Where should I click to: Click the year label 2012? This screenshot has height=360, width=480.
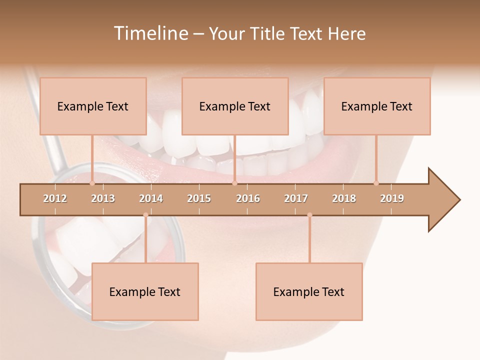(x=55, y=198)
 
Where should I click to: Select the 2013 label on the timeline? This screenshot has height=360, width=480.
(x=103, y=198)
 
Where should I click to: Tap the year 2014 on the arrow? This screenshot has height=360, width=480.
(x=151, y=198)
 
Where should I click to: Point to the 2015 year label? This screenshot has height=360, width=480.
(x=199, y=198)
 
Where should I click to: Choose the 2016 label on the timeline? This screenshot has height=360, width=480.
(x=248, y=198)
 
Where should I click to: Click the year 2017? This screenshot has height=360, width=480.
(x=296, y=198)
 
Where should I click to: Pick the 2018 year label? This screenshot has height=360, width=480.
(x=344, y=198)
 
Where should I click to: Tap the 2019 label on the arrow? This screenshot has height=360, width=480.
(x=392, y=198)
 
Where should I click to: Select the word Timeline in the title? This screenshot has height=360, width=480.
(x=150, y=33)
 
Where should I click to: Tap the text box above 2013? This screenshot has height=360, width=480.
(x=93, y=106)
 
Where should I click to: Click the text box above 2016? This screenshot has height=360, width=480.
(x=235, y=106)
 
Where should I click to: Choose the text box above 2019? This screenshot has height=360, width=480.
(x=377, y=106)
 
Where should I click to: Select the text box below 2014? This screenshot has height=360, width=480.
(x=145, y=291)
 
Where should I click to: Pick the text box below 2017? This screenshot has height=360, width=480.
(x=309, y=291)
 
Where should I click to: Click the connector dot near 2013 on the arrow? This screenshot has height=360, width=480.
(x=92, y=183)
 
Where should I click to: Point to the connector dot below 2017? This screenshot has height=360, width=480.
(x=309, y=215)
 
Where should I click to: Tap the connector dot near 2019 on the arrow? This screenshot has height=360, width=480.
(x=376, y=183)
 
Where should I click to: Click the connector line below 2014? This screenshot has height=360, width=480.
(x=145, y=240)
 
